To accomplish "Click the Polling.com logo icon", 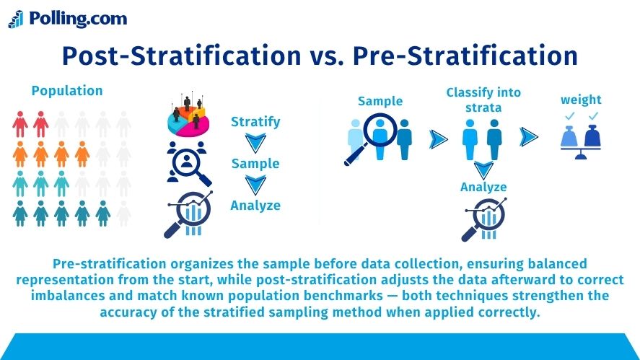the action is [16, 19].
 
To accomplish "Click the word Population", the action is [67, 91].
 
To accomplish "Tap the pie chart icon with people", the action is [188, 115].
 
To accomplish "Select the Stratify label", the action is [255, 122].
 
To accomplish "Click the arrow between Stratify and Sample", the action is [256, 143].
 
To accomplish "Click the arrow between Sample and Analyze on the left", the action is [256, 185].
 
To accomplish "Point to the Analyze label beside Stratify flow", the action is [255, 205].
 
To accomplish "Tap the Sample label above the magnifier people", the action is [380, 101].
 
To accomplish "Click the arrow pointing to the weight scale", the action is [529, 137].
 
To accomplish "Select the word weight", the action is [581, 100].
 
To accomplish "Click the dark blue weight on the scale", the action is [592, 136].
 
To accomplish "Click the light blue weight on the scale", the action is [569, 137].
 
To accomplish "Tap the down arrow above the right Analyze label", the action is [483, 170].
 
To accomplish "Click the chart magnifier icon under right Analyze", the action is [484, 219].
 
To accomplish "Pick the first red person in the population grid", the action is [20, 124].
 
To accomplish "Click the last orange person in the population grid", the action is [82, 154].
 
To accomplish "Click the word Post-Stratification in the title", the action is [182, 56].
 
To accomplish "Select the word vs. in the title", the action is [327, 56].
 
